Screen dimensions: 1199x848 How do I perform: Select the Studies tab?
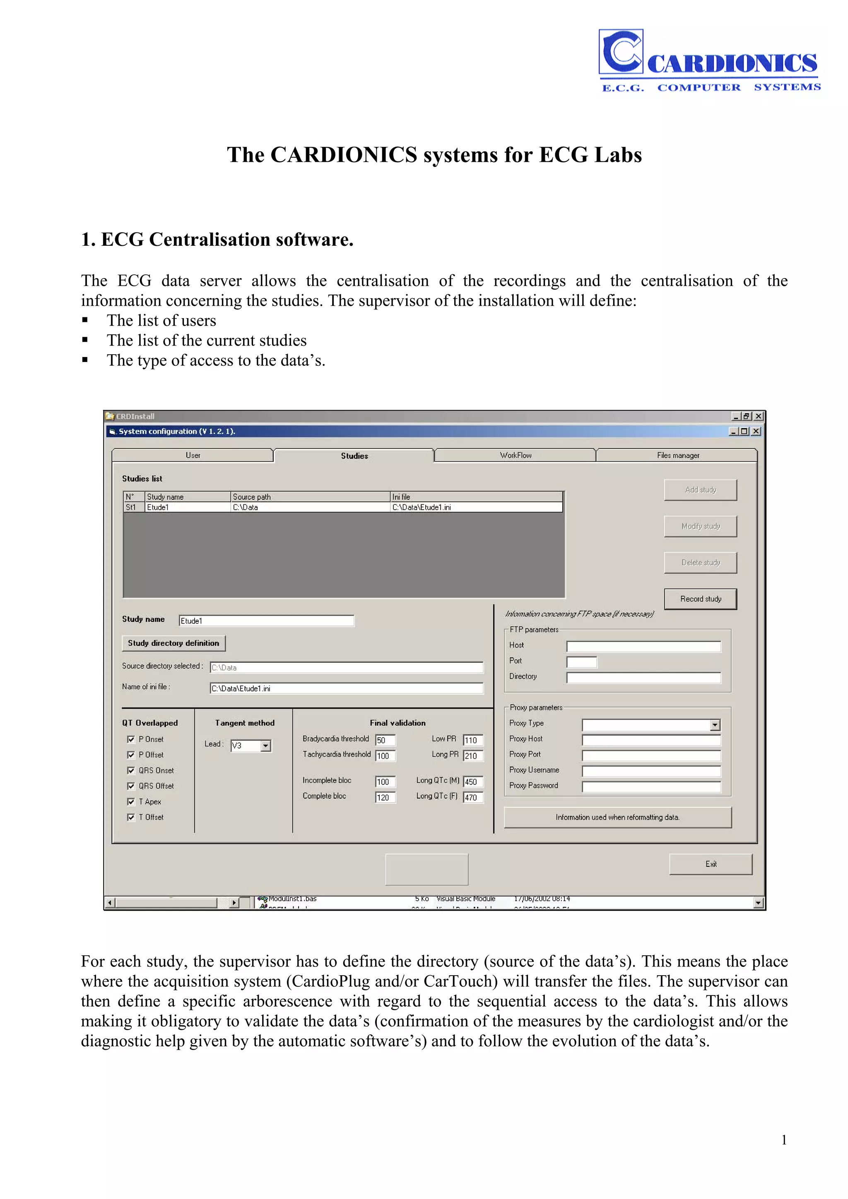[354, 456]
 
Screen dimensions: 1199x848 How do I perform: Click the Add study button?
[700, 490]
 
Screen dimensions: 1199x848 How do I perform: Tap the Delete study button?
[700, 562]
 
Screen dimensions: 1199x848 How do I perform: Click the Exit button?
[710, 864]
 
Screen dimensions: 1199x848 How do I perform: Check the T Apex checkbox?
[131, 801]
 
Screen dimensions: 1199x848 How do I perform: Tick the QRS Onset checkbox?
[131, 770]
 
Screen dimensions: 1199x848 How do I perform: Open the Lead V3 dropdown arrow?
[265, 746]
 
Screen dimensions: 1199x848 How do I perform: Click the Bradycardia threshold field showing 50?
[385, 740]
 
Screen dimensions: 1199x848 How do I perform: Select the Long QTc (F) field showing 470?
[473, 797]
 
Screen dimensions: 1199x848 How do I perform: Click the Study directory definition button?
[173, 643]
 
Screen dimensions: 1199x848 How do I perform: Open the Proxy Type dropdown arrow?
[715, 725]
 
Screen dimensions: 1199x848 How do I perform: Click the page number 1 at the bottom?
[784, 1139]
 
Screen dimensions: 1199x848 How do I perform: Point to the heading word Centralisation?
[210, 240]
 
